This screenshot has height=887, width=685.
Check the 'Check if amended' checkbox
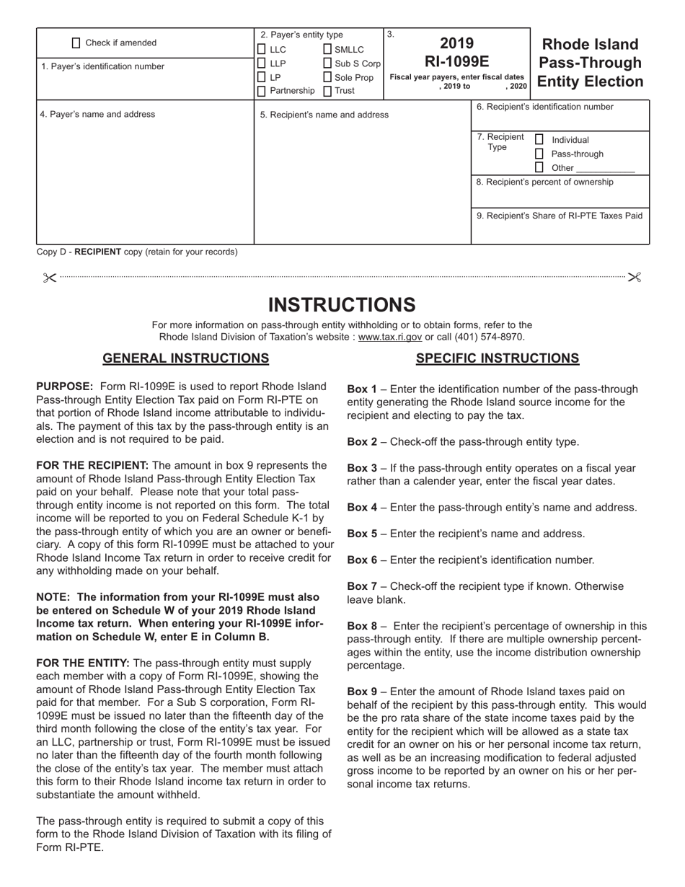(x=76, y=43)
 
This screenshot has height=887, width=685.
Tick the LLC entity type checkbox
(x=262, y=50)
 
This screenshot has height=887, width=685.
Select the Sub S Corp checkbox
(x=328, y=63)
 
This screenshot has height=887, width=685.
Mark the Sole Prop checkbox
(x=328, y=77)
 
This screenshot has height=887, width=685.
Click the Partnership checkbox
(x=262, y=91)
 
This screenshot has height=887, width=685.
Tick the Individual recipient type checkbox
(x=539, y=139)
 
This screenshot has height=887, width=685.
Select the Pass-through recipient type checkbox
(x=539, y=154)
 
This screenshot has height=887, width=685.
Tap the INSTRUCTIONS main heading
(x=342, y=304)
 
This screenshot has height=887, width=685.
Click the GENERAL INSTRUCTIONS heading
(x=186, y=358)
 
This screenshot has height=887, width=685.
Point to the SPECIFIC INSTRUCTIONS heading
(x=498, y=358)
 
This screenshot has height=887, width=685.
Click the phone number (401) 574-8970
(x=491, y=337)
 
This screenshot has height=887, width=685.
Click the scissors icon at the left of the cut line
(x=49, y=278)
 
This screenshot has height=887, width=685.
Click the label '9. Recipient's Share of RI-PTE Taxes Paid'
(x=560, y=215)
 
